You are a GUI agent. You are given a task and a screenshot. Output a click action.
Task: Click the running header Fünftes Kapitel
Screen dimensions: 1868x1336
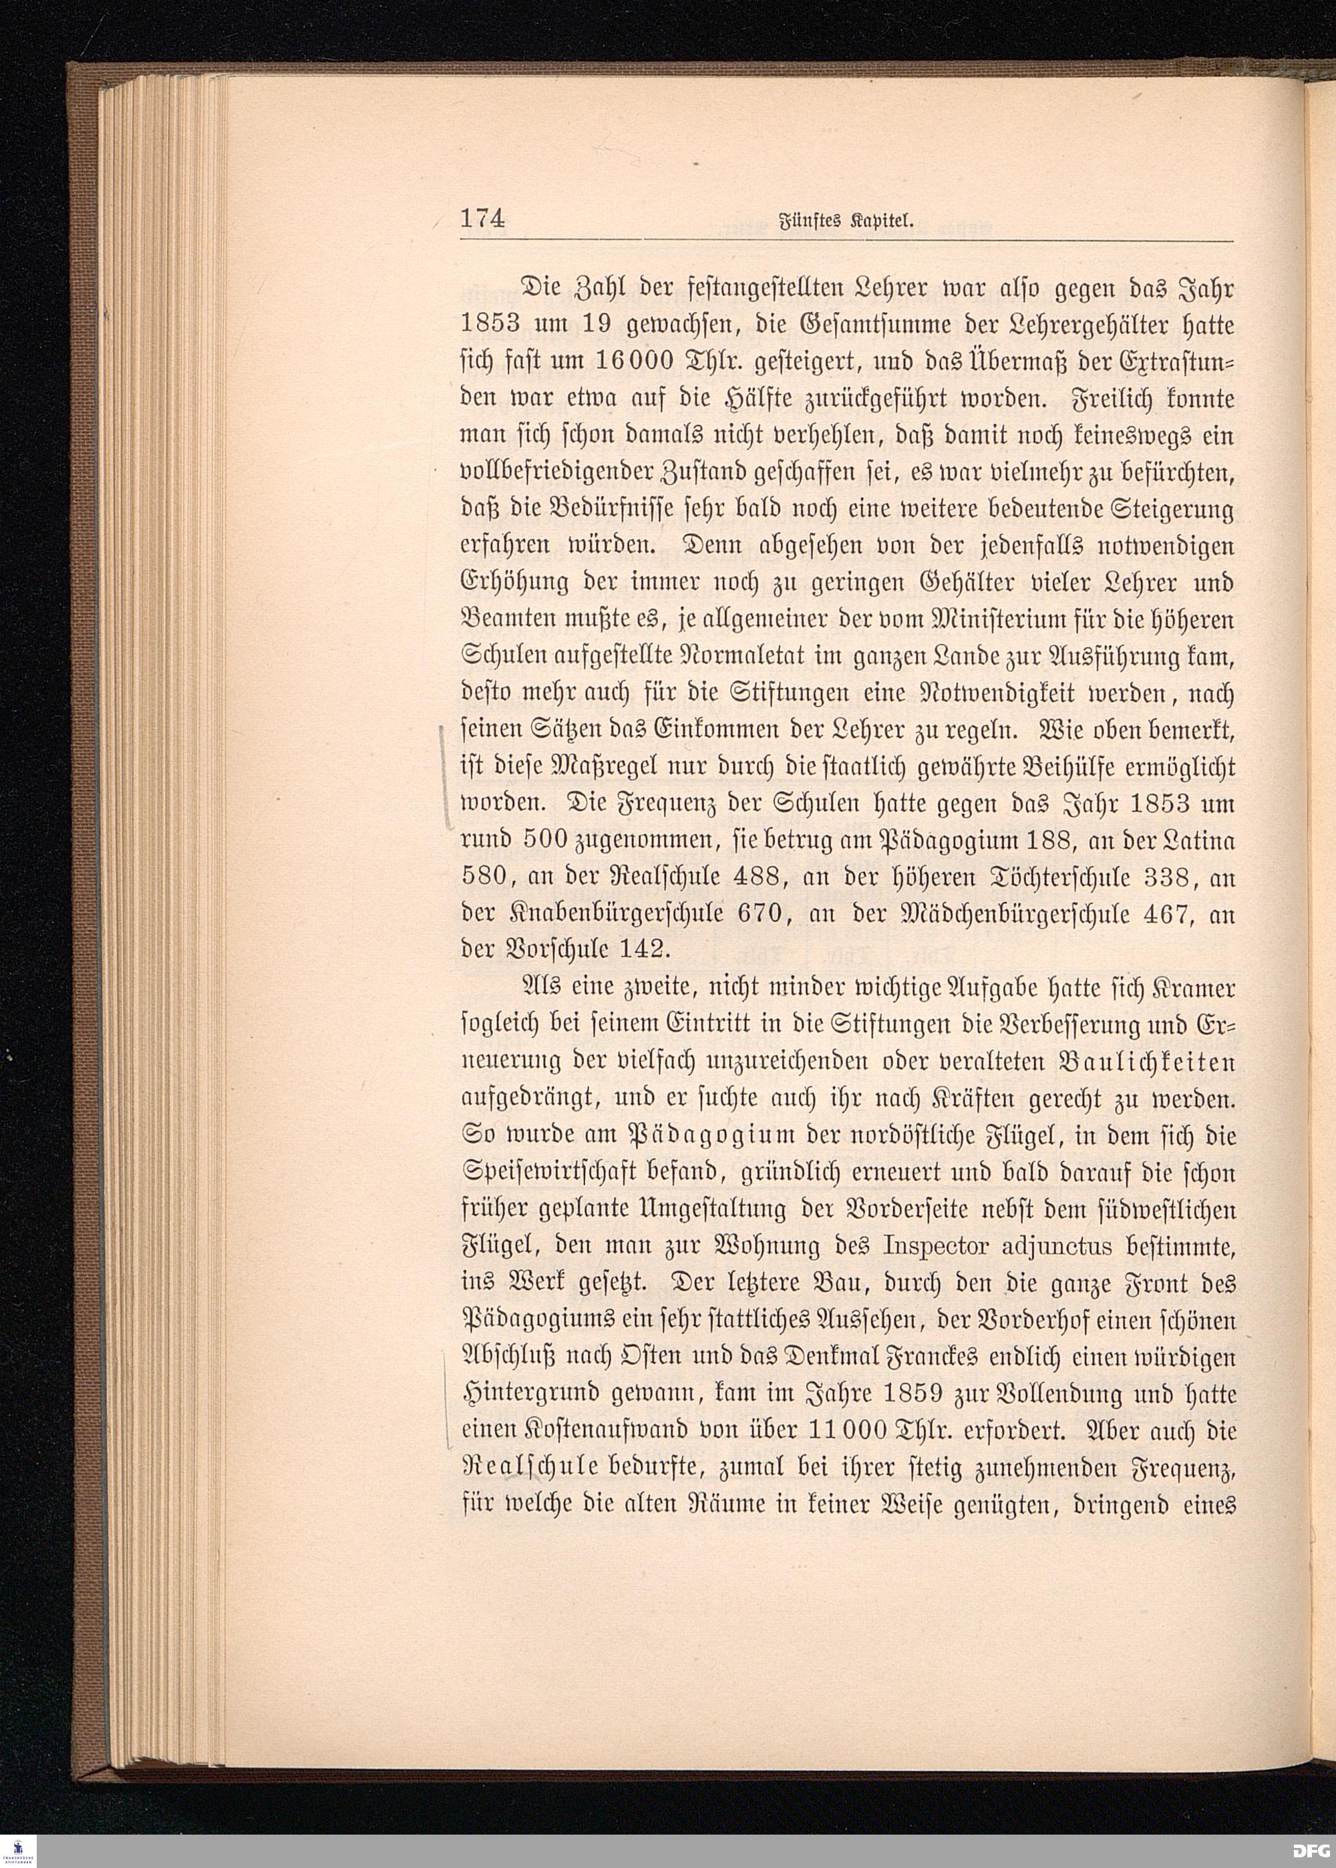(846, 220)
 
